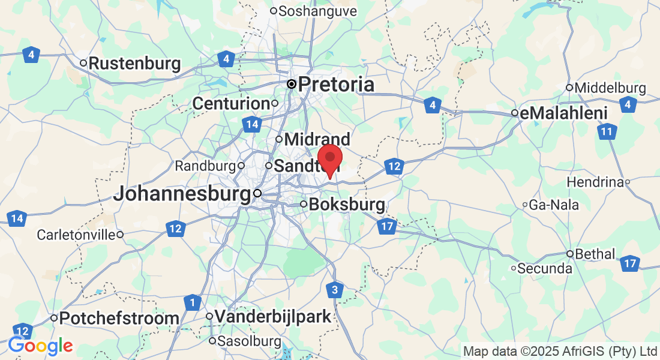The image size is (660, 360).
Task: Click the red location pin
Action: [329, 159]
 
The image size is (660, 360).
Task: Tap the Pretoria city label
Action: [336, 85]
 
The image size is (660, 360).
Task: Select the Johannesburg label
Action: [182, 194]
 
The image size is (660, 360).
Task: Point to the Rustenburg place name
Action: [134, 63]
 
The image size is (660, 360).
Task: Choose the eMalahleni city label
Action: [564, 113]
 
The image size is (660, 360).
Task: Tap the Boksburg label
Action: [347, 205]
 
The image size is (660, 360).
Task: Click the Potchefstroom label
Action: [119, 318]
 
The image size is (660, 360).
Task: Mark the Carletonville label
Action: [76, 235]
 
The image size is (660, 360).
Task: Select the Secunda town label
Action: [545, 268]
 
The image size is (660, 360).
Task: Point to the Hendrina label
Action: [595, 182]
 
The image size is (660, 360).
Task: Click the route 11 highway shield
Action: [608, 131]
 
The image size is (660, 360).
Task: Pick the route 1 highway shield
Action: [192, 303]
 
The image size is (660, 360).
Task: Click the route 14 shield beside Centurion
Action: [251, 125]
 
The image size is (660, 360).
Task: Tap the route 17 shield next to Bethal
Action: [629, 263]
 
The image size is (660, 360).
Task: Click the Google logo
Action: [40, 346]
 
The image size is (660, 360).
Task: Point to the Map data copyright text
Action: [560, 350]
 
